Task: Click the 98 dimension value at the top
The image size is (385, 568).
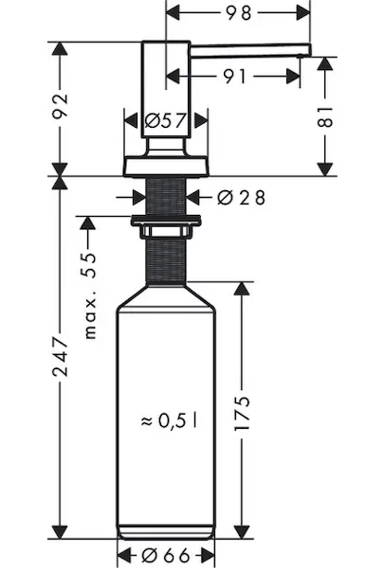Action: [238, 13]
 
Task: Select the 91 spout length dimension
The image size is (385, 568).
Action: [234, 77]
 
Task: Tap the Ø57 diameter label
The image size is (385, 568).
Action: [165, 120]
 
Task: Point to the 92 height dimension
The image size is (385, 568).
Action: [61, 106]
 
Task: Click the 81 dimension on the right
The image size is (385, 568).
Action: [324, 116]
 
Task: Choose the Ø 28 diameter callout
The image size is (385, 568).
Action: [241, 198]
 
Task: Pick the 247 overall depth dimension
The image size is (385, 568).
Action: [61, 357]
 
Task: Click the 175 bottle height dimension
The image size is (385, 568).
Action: [242, 413]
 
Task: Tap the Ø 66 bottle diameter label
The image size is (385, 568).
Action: [165, 555]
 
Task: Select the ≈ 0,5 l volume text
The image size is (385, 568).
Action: [170, 420]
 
